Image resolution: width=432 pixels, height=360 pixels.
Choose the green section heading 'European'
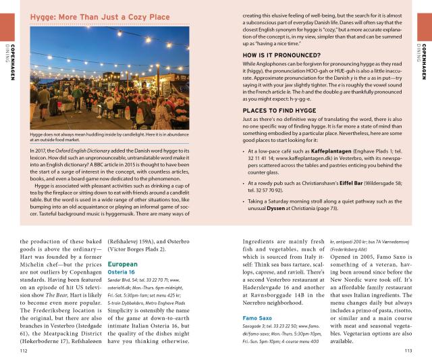tap(123, 265)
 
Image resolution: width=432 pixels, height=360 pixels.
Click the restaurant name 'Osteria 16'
tap(122, 272)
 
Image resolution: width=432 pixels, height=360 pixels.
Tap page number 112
tap(24, 351)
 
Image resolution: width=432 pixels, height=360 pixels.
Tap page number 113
tap(407, 351)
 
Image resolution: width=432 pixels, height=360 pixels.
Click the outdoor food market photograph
tap(109, 78)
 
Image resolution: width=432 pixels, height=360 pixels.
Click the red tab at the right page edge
tap(425, 26)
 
